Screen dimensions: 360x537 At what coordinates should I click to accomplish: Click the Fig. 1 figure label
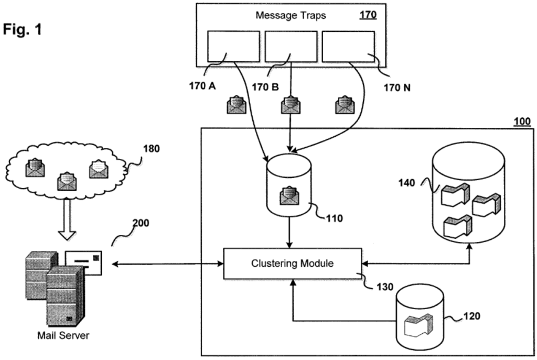(x=22, y=30)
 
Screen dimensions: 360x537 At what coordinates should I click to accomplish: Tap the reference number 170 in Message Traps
(x=367, y=15)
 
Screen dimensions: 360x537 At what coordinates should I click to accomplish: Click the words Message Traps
(x=291, y=15)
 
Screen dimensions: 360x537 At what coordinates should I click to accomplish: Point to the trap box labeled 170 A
(x=233, y=46)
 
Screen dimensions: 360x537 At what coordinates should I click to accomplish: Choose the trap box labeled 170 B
(x=291, y=46)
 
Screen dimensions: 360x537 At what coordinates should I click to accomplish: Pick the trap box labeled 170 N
(x=348, y=46)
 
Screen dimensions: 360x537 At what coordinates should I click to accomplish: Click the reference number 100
(x=521, y=122)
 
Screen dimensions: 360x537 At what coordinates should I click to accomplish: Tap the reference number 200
(x=141, y=223)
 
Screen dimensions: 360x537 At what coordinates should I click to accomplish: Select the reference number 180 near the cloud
(x=152, y=148)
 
